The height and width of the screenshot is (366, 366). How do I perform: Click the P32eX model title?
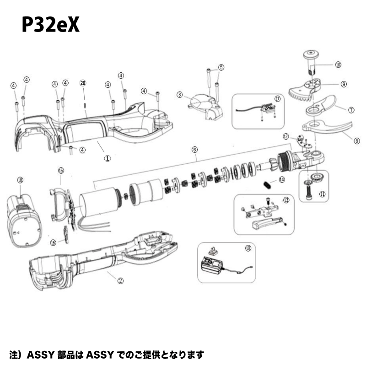50,26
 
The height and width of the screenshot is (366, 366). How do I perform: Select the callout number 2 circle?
120,281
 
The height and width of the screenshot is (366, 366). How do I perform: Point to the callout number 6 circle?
194,150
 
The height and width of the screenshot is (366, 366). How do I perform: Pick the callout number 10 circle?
338,65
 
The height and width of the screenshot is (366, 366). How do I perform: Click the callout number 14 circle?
282,180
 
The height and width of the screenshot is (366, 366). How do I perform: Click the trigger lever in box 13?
266,223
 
